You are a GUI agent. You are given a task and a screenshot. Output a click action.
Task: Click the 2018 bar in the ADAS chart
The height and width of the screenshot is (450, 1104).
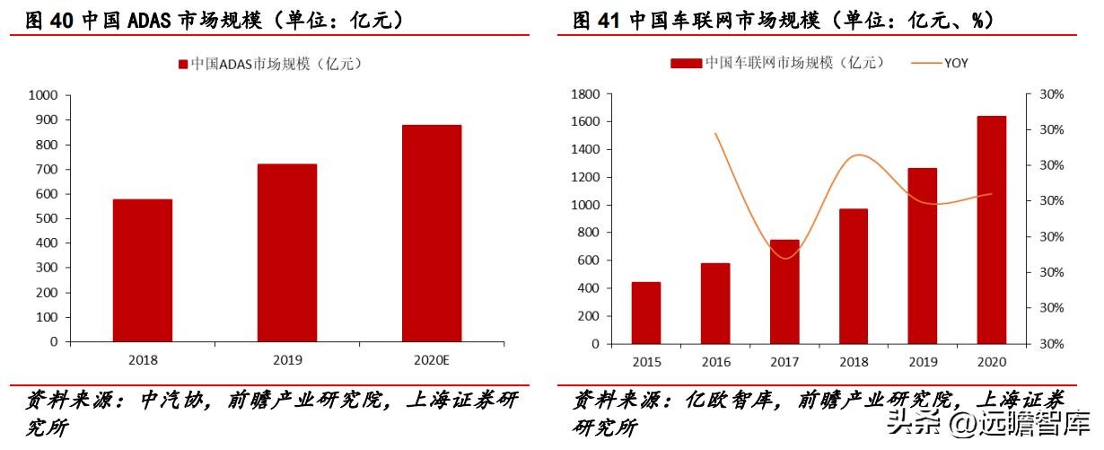(143, 269)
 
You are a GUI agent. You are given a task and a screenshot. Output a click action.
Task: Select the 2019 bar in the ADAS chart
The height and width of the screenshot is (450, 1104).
(287, 252)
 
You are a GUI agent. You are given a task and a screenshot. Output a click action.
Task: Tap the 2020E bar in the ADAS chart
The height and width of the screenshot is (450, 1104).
(432, 233)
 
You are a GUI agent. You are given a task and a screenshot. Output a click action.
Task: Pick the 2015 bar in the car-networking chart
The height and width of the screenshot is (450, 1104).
(646, 312)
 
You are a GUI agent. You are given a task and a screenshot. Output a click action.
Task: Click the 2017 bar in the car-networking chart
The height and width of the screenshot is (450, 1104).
(784, 291)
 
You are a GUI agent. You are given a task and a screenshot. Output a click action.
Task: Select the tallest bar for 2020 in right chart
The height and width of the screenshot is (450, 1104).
(992, 229)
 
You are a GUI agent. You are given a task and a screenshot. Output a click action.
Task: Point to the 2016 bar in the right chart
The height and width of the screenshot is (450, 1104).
(715, 303)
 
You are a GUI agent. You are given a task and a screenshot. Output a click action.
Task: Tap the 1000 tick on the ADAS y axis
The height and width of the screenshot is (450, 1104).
(43, 95)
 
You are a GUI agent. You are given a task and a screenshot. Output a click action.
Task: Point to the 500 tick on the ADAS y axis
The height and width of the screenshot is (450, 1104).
(47, 218)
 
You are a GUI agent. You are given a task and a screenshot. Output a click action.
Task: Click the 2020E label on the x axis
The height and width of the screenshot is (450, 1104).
(432, 360)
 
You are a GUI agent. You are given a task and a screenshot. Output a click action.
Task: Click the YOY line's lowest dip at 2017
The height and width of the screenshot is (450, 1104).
(785, 259)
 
